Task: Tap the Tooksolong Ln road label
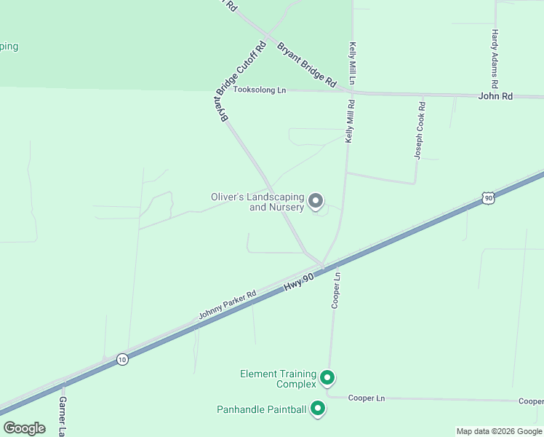click(260, 90)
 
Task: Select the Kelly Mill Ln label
click(352, 63)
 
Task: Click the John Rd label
click(495, 96)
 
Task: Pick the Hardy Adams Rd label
click(495, 55)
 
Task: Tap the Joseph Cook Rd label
click(420, 130)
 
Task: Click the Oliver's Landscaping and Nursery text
click(257, 202)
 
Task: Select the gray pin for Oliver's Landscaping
click(316, 200)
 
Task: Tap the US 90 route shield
click(487, 197)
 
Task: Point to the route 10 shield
click(123, 359)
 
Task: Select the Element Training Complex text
click(278, 379)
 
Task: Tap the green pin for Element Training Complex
click(327, 377)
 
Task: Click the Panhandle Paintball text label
click(262, 409)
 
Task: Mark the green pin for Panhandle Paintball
click(317, 409)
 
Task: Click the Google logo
click(25, 428)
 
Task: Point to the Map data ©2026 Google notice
click(499, 431)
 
